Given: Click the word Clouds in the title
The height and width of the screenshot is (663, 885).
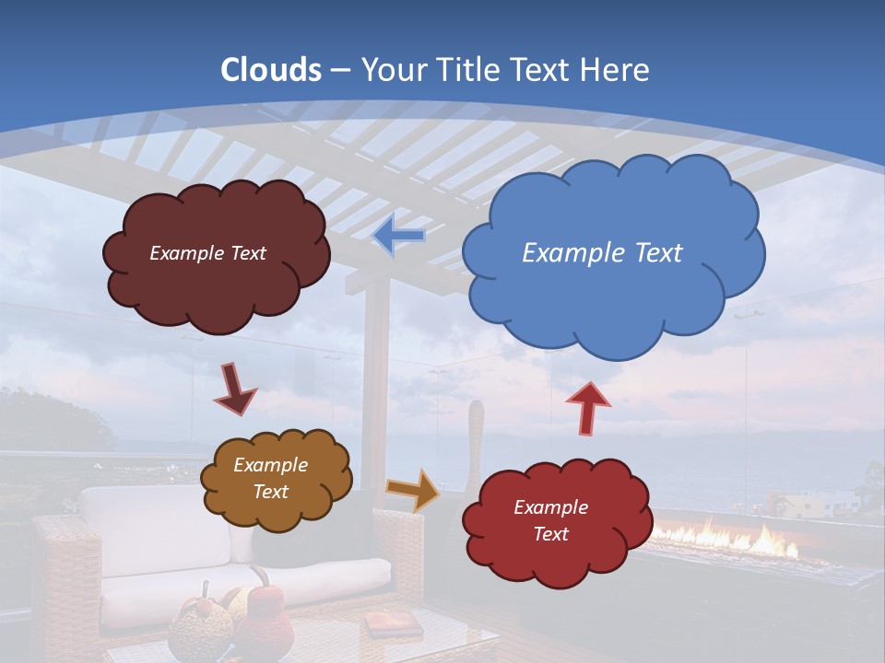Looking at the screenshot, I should (x=270, y=70).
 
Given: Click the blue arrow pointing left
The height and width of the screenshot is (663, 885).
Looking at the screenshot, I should (x=398, y=236).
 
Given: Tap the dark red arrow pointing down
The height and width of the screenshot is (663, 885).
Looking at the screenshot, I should (x=234, y=389).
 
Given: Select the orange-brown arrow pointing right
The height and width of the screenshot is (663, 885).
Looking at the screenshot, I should (x=413, y=489).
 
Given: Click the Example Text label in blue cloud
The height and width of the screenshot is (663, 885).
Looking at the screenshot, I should (x=602, y=253).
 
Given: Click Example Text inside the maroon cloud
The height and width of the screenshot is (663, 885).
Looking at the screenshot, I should (x=207, y=253).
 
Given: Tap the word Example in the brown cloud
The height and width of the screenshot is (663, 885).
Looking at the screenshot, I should (x=270, y=466).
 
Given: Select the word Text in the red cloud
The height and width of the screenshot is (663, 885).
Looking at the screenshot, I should (x=550, y=534).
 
